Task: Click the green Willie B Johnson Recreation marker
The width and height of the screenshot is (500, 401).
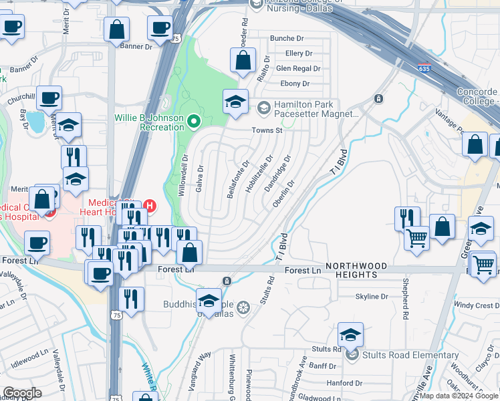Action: [x=194, y=121]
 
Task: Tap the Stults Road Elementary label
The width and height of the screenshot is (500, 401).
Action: [x=410, y=356]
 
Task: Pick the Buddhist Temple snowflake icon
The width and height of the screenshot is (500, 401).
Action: [x=243, y=307]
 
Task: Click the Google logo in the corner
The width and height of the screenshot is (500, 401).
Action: [x=22, y=393]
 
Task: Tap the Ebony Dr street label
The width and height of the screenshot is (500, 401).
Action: [x=294, y=84]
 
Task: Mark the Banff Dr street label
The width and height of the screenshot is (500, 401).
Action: [x=322, y=366]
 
